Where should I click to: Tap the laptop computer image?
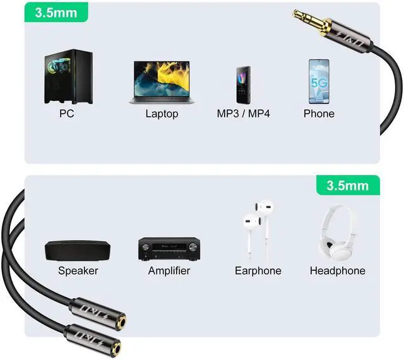point(162,82)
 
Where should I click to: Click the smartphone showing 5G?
point(319,81)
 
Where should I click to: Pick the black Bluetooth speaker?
point(78,251)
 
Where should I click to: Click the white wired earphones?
point(258,228)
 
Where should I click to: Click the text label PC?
point(67,114)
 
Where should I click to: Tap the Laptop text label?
point(162,114)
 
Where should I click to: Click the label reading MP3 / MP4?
point(243,114)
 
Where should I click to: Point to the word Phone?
point(319,114)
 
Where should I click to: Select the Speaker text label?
point(78,271)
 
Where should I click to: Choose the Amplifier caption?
point(169,271)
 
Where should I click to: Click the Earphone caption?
point(258,271)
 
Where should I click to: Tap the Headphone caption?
point(338,271)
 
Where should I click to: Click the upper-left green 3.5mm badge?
point(55,11)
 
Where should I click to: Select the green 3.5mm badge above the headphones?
point(347,186)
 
